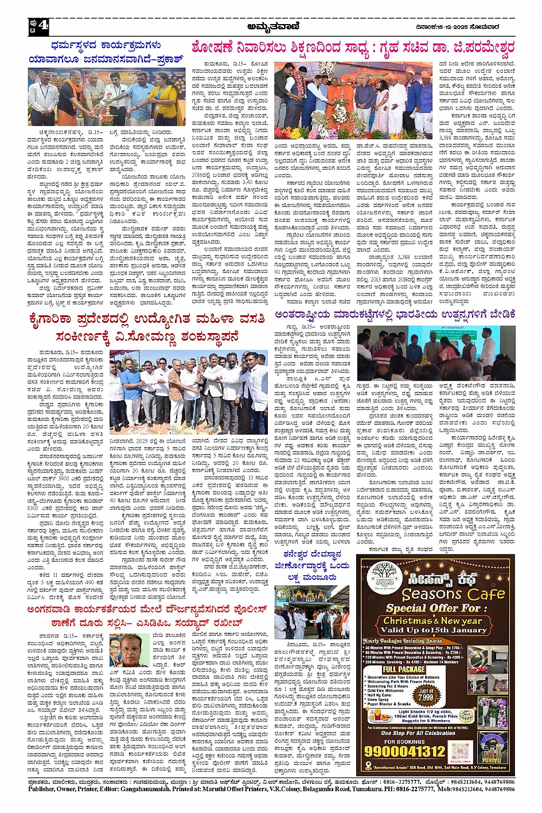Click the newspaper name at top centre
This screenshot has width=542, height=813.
(x=271, y=25)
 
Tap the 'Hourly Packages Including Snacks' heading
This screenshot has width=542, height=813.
(x=403, y=641)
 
